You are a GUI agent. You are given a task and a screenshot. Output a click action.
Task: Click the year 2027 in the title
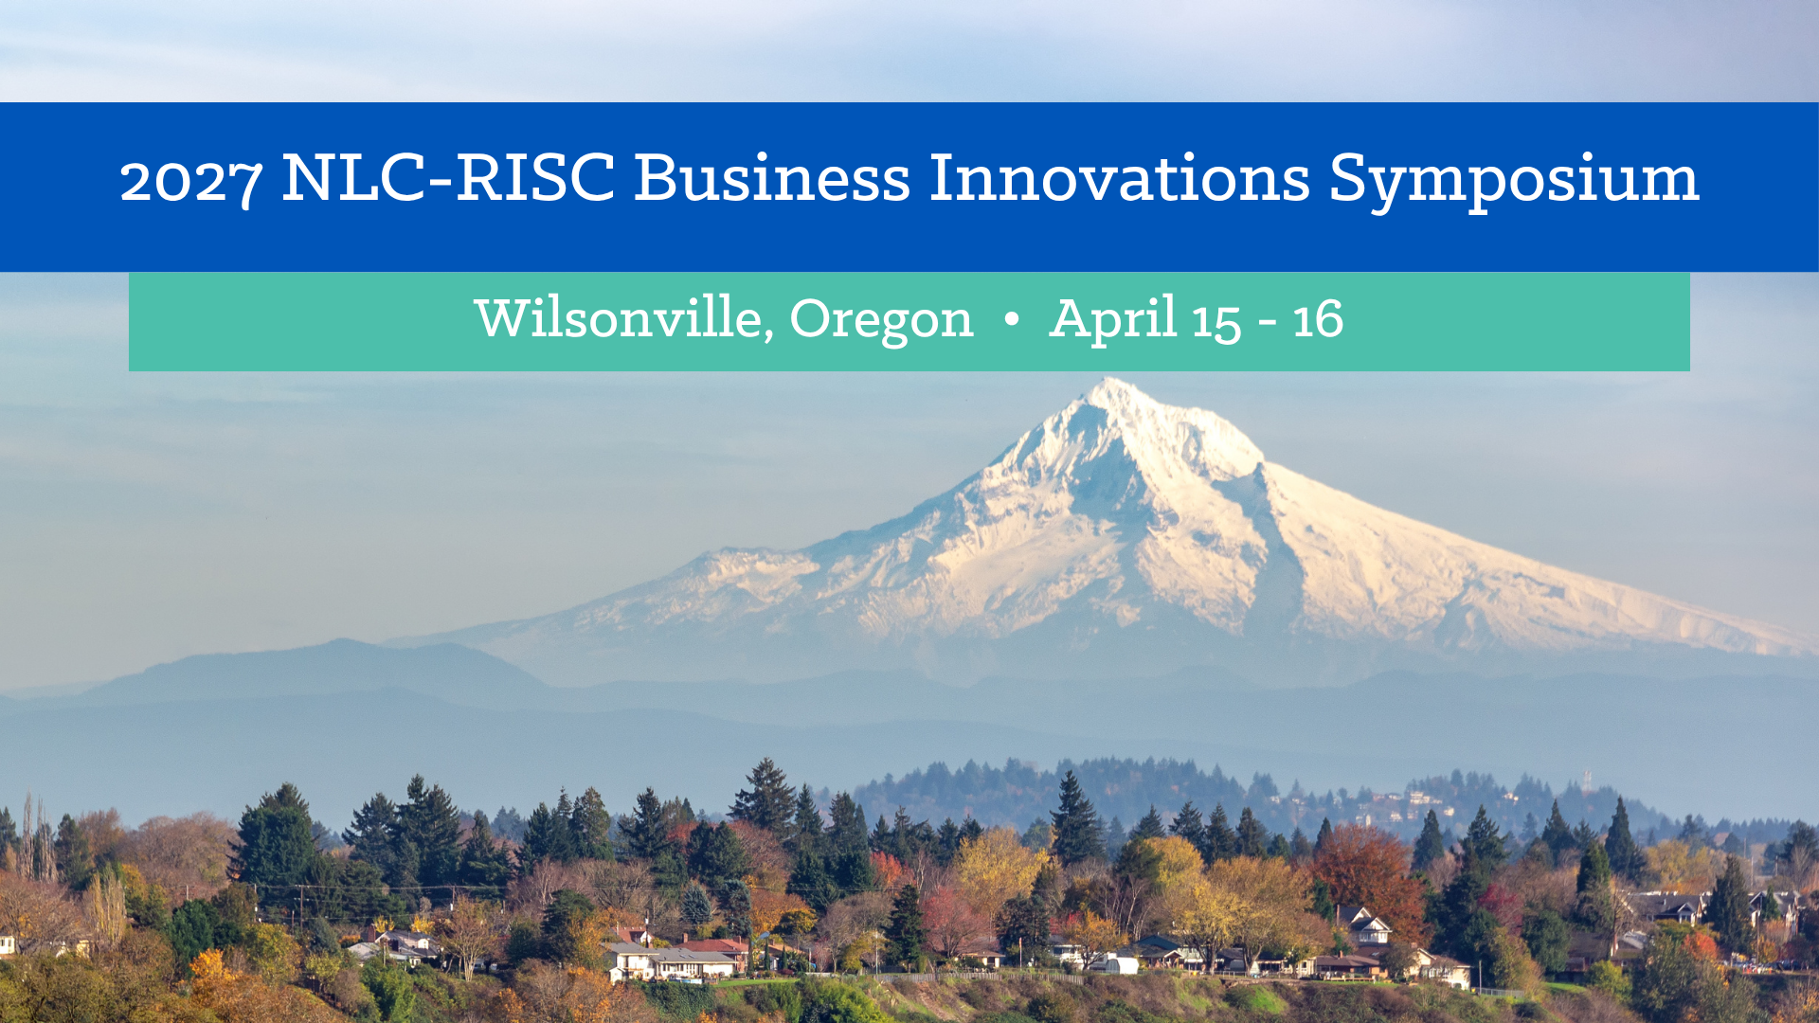tap(190, 181)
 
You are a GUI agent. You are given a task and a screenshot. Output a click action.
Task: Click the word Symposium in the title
tap(1514, 181)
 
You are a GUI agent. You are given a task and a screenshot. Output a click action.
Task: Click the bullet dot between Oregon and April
tap(1011, 320)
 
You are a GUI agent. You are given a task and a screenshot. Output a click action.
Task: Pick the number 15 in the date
tap(1216, 322)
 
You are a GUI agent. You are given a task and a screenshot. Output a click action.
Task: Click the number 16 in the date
tap(1318, 319)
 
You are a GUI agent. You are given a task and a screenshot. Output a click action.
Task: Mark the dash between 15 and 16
tap(1267, 324)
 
